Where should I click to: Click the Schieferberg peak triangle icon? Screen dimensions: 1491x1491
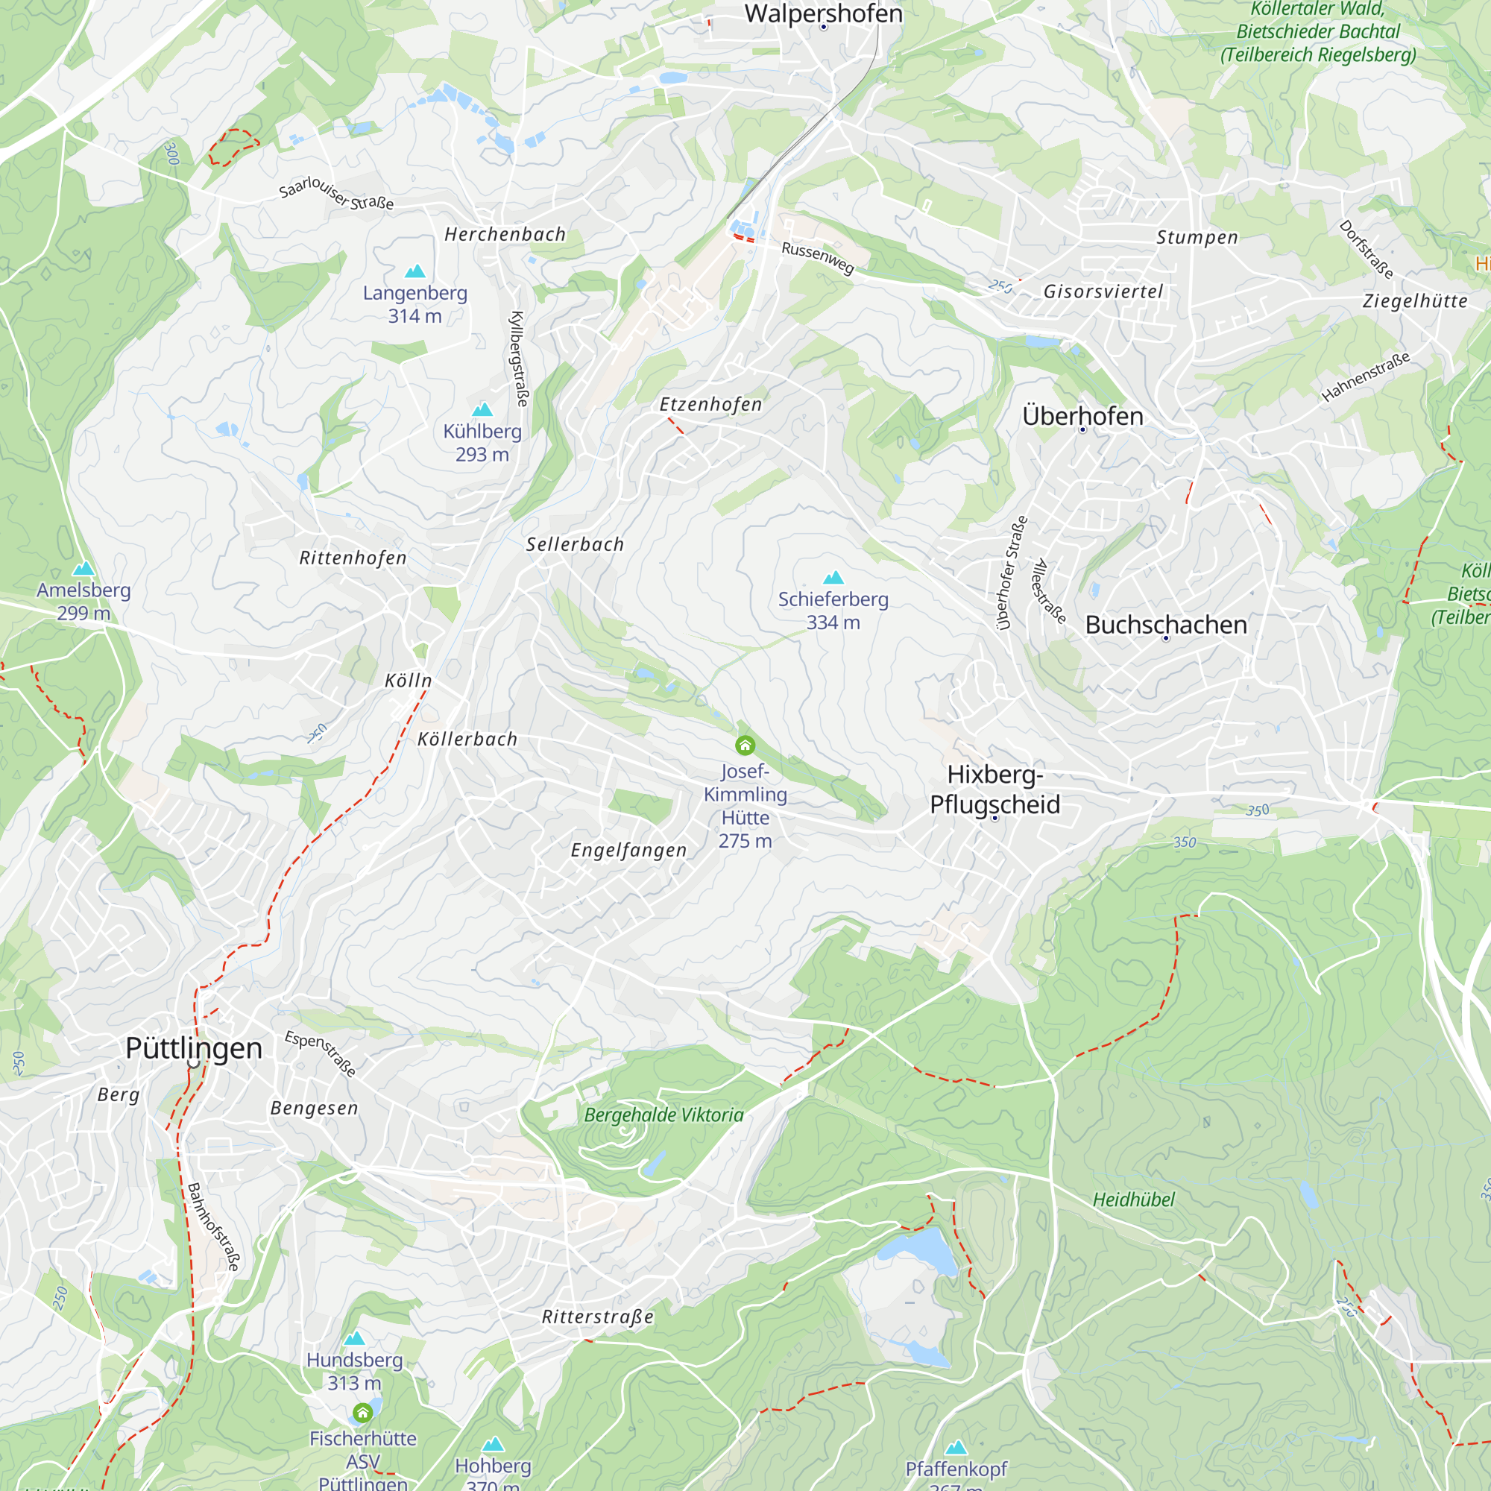[x=833, y=578]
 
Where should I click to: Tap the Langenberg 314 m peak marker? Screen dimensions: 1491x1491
[x=415, y=271]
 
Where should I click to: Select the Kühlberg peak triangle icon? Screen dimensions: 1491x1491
[x=482, y=409]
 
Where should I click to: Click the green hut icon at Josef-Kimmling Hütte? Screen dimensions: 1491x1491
[x=745, y=745]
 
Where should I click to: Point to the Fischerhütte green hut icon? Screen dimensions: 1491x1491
[x=363, y=1413]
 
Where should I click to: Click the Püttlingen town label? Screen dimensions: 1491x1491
[x=194, y=1048]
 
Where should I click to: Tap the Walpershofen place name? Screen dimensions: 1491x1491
[x=823, y=13]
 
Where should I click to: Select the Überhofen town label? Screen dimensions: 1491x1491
[x=1082, y=416]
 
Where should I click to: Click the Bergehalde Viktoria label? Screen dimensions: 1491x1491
[x=663, y=1115]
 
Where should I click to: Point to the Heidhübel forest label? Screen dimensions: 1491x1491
[x=1133, y=1200]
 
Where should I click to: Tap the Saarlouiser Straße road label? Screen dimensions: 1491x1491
[x=335, y=193]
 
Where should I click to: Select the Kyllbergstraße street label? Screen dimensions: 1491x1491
[x=520, y=359]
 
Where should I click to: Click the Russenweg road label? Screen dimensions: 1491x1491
[x=817, y=258]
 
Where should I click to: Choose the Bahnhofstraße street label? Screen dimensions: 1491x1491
[x=214, y=1226]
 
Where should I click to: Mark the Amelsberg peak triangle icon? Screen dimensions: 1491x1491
[x=83, y=569]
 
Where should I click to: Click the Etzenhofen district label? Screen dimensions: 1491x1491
[x=710, y=404]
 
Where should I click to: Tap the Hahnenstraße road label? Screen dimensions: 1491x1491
[x=1365, y=376]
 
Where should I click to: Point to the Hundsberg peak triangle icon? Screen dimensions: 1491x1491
[x=354, y=1338]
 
